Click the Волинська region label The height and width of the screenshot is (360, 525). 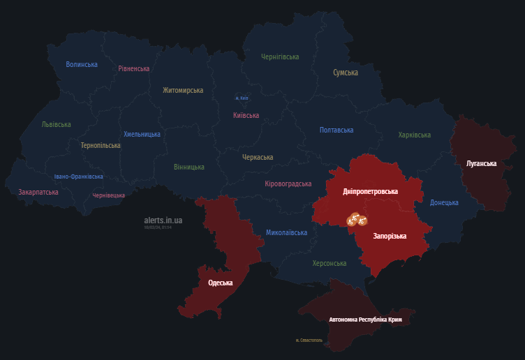(82, 64)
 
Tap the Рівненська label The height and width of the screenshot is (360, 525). (134, 68)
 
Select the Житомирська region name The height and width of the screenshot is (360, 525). (183, 90)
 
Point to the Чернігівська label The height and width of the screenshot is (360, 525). (280, 57)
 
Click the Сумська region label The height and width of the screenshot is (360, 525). (346, 73)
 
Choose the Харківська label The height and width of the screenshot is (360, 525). (415, 135)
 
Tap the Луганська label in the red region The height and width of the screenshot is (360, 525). (481, 163)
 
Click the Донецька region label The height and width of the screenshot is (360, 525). (444, 202)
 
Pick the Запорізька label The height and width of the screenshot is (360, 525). (390, 237)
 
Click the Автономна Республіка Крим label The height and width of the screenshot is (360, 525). (365, 320)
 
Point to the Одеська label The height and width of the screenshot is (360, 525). (221, 283)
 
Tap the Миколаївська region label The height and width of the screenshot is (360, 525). (286, 232)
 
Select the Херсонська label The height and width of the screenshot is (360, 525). (330, 263)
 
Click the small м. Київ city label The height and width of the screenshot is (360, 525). (241, 98)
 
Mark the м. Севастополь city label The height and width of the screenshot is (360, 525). (309, 340)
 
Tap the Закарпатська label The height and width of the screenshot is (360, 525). (38, 192)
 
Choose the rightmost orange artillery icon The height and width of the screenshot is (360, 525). (363, 223)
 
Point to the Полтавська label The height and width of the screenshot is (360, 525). (337, 130)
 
